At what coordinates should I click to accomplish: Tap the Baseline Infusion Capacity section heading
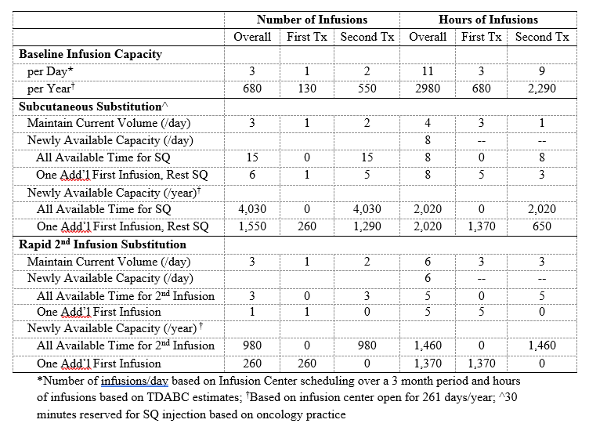coord(90,55)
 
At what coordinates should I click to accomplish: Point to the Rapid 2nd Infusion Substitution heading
coord(103,244)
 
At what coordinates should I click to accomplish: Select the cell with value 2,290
coord(542,89)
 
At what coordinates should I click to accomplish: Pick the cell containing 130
coord(307,89)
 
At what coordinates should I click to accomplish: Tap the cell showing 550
coord(366,89)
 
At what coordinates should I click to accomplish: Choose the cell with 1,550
coord(252,226)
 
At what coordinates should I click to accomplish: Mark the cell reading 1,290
coord(366,226)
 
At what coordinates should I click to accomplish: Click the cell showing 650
coord(542,226)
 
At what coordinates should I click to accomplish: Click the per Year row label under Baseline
coord(49,89)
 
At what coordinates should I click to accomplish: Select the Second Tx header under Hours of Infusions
coord(542,37)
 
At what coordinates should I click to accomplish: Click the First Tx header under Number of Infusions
coord(307,37)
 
